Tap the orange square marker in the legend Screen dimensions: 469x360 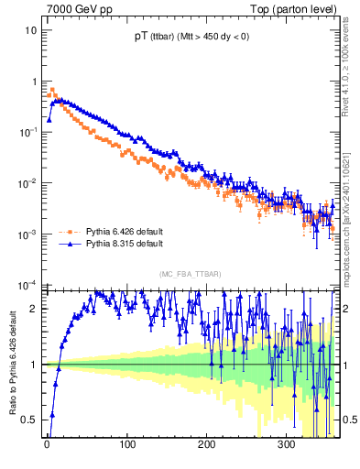67,233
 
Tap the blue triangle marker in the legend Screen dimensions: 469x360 67,245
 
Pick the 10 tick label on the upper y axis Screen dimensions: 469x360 30,29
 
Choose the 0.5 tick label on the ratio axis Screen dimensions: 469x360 30,420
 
